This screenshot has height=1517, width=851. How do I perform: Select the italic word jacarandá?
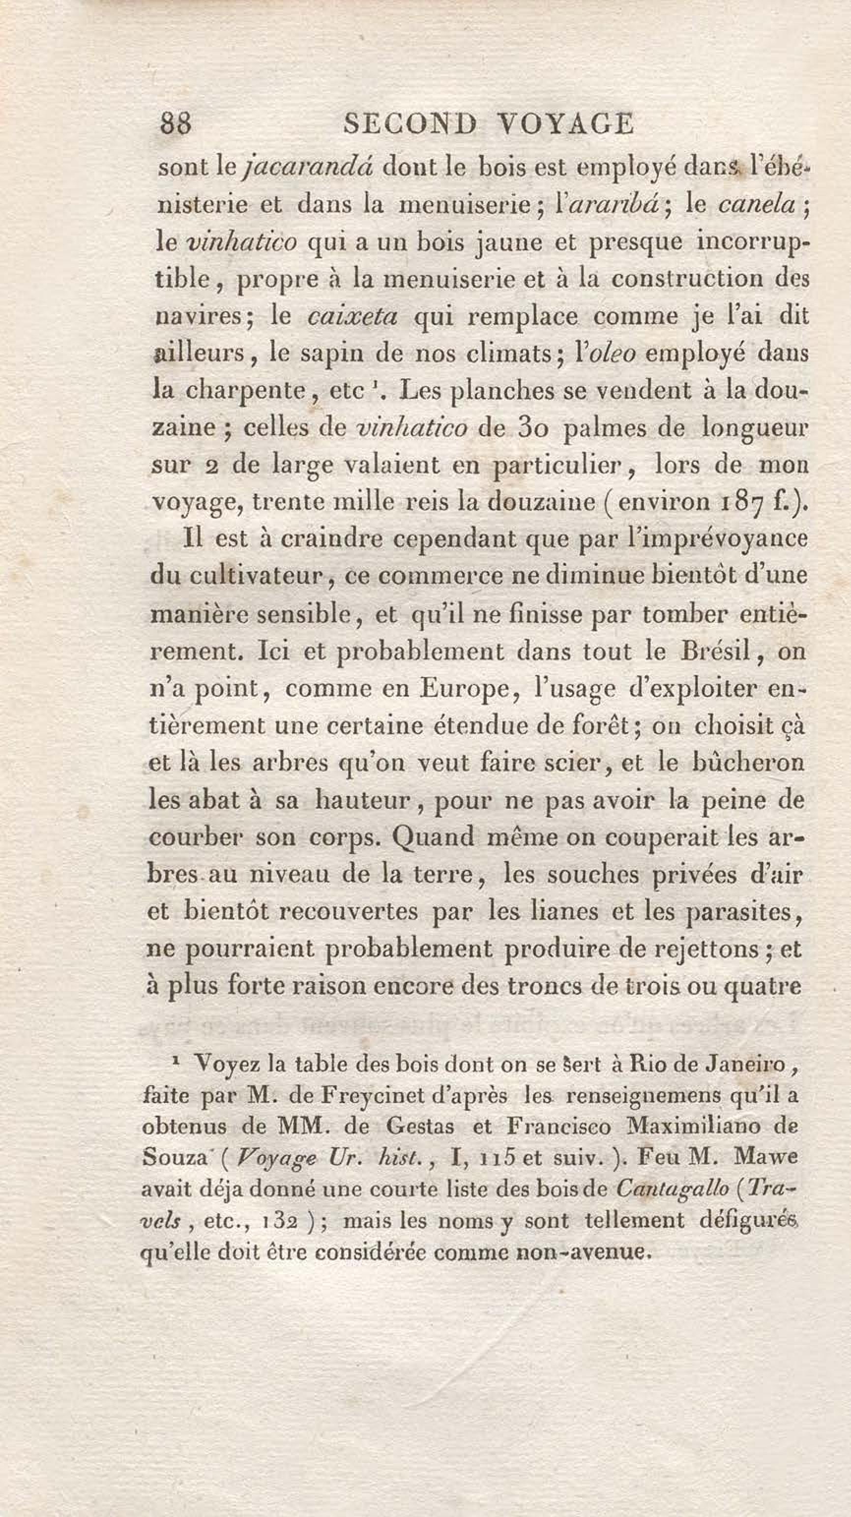(x=307, y=168)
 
